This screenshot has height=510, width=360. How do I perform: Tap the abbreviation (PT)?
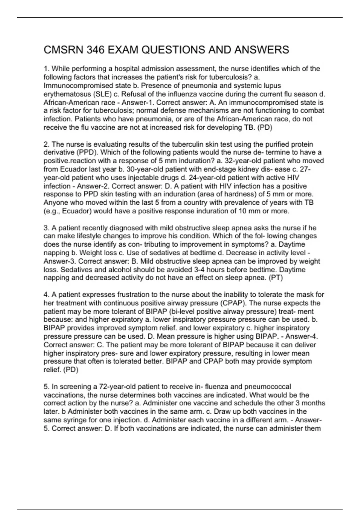click(276, 278)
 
